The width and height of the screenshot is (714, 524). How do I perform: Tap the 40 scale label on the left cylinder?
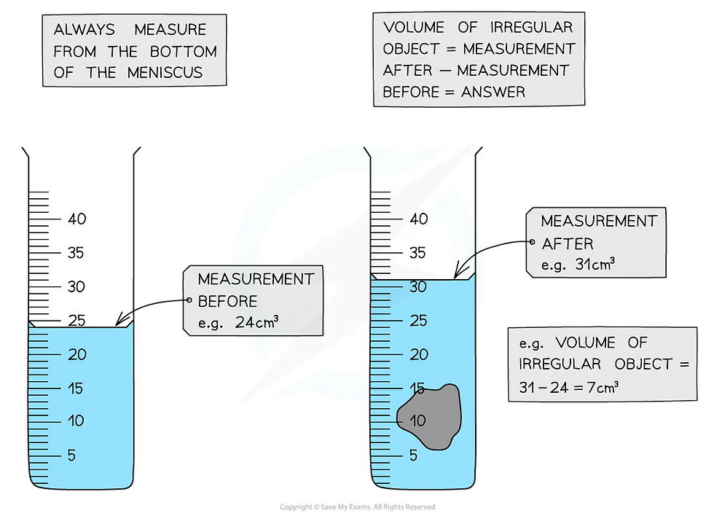coord(77,219)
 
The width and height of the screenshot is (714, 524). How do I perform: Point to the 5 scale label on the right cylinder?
coord(414,455)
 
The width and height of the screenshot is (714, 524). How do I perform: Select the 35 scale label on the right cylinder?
coord(417,253)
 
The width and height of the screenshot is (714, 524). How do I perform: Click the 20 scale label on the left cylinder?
coord(77,354)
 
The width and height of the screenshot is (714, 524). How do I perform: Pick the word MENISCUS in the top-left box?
coord(165,72)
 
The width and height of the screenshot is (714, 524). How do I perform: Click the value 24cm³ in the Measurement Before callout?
coord(256,322)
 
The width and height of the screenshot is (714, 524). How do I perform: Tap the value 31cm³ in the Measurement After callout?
coord(595,264)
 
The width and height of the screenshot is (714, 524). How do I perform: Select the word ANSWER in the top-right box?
coord(493,92)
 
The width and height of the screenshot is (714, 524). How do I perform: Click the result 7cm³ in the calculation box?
coord(603,387)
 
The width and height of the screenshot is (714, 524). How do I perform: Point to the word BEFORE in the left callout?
coord(227,301)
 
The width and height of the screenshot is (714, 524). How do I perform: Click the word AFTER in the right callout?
coord(568,243)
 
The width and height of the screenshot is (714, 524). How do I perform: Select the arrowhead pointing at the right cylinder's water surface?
coord(458,272)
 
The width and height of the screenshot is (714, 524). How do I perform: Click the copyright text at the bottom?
coord(358,507)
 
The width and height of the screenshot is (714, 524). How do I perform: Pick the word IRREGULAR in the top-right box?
coord(531,28)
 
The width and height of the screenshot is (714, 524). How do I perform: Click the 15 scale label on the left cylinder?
coord(76,388)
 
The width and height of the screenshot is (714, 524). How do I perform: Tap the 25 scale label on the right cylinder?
coord(418,321)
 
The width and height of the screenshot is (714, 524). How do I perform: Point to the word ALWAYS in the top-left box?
coord(85,30)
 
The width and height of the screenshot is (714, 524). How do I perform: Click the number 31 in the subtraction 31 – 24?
coord(527,387)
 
